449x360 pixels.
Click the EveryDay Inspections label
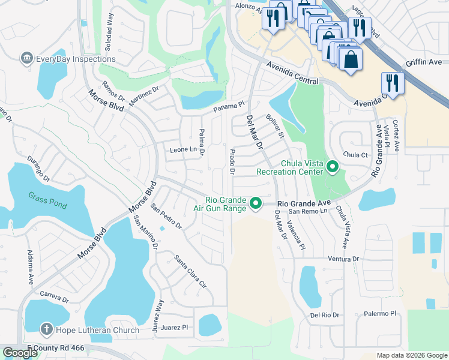(76, 59)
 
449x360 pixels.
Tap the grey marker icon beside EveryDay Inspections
(26, 59)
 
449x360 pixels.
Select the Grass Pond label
(47, 196)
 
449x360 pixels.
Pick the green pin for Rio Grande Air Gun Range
(256, 204)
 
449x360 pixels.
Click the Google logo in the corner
(20, 353)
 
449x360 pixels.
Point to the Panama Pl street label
(230, 106)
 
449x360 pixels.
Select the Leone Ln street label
(183, 149)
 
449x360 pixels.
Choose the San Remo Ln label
(308, 211)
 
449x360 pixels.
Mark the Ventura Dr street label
(343, 259)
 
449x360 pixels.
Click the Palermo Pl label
(381, 313)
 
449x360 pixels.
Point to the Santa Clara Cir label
(190, 271)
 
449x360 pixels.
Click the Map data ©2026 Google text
(412, 355)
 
